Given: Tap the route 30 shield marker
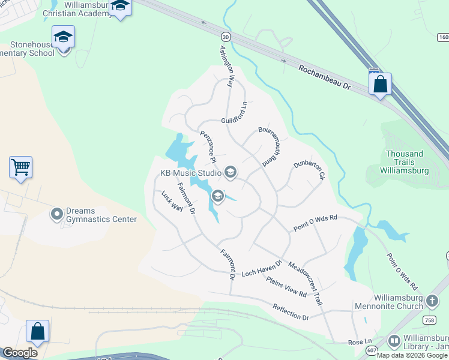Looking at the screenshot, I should click(224, 37).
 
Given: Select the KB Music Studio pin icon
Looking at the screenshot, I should click(230, 173).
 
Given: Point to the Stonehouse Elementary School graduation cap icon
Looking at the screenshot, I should click(63, 37).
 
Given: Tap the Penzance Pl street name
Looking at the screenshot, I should click(208, 146).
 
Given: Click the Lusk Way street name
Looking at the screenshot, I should click(172, 201).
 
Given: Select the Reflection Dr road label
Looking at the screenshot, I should click(291, 312).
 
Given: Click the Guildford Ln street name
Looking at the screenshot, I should click(234, 113).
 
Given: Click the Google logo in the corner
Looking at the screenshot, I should click(20, 353).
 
